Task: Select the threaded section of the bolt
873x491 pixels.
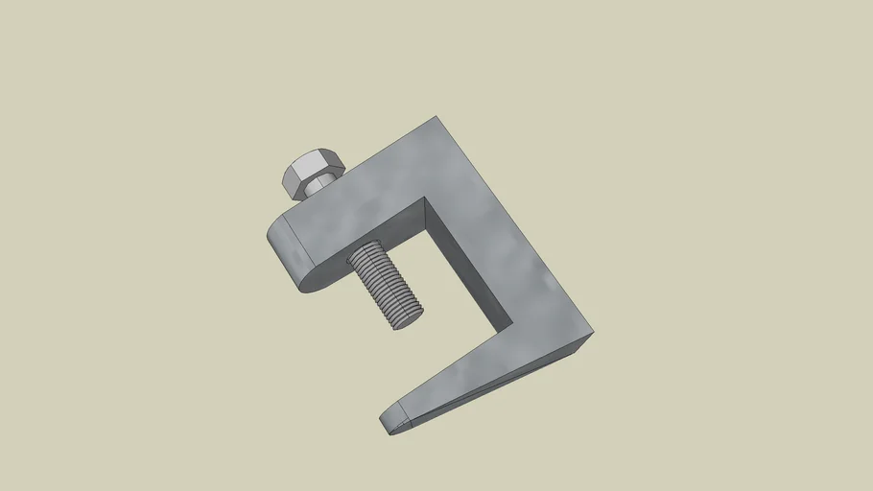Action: [384, 284]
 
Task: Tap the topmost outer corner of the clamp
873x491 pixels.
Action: [437, 117]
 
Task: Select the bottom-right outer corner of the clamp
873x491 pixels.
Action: [593, 334]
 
